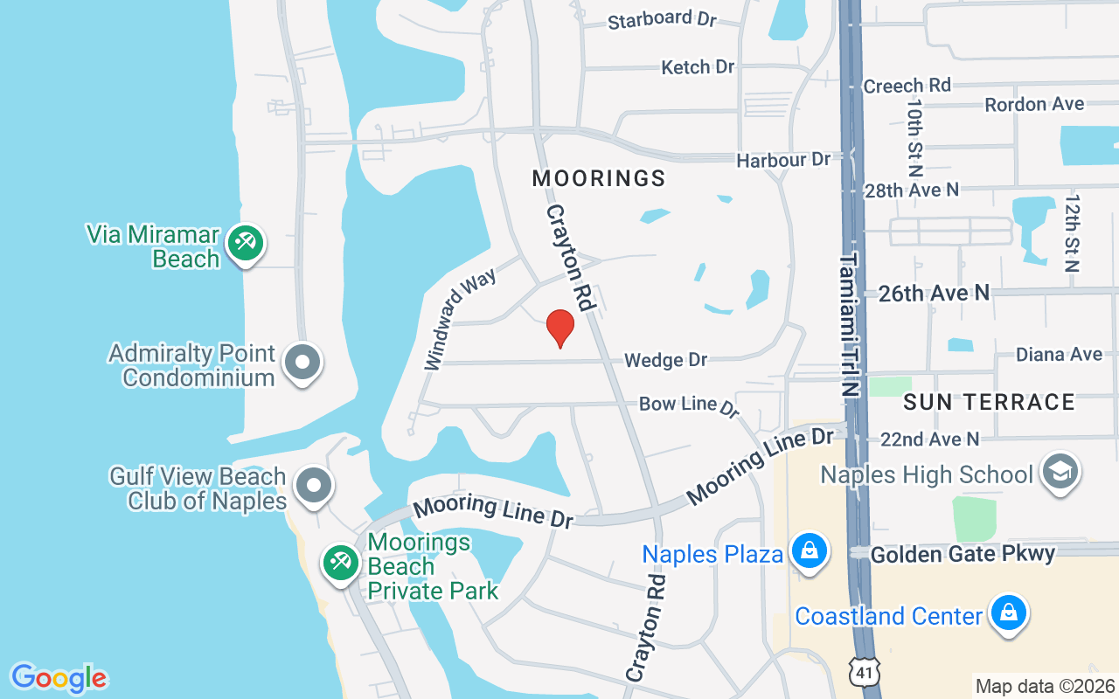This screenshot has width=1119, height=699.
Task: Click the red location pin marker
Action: [560, 329]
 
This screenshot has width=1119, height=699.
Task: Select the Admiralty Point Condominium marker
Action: [302, 363]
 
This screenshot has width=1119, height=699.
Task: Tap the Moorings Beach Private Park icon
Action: [339, 562]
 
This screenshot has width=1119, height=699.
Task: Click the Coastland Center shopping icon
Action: [1008, 613]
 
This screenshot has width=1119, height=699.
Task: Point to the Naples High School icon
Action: [1061, 473]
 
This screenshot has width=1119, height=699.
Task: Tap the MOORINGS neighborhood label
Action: [599, 179]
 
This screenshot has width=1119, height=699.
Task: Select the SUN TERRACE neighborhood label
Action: [989, 402]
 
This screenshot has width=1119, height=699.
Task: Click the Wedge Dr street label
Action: [665, 360]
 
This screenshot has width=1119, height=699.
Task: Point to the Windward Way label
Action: [460, 319]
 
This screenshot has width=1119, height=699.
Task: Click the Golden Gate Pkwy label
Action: [963, 553]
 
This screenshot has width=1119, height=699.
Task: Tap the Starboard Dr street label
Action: [662, 19]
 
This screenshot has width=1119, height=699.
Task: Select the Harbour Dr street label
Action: [783, 160]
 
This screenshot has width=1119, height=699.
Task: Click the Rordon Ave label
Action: [1034, 104]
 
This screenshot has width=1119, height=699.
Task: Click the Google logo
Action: [59, 678]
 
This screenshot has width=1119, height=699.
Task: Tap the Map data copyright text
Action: [1045, 686]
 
